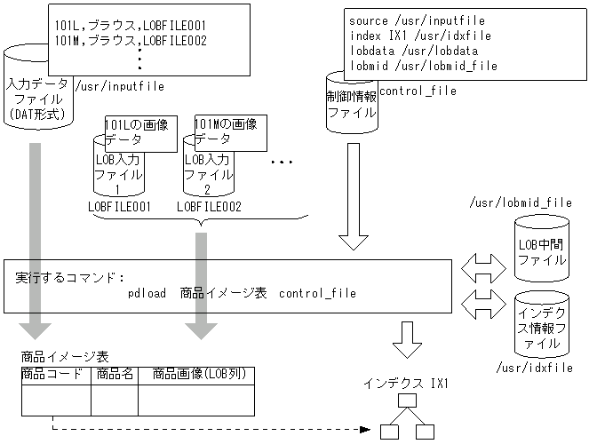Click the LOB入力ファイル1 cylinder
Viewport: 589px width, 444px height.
[117, 173]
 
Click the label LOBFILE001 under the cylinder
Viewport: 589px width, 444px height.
[118, 207]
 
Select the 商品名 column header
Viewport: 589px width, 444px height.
[115, 375]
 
